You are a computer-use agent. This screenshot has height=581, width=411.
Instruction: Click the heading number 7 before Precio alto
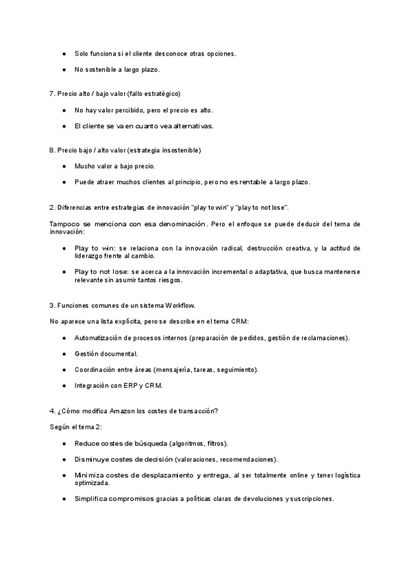(51, 93)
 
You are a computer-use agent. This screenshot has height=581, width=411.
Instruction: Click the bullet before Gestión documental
(64, 354)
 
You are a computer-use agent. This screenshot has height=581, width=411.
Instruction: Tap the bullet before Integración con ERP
(64, 385)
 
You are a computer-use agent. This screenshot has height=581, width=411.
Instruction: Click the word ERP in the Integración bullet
(130, 385)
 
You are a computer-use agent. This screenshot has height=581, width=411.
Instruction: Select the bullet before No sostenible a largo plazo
(64, 69)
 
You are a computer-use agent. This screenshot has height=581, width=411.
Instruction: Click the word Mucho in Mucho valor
(85, 166)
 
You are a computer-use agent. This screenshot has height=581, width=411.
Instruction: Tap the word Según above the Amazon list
(60, 426)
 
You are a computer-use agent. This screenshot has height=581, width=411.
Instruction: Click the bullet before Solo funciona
(64, 53)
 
